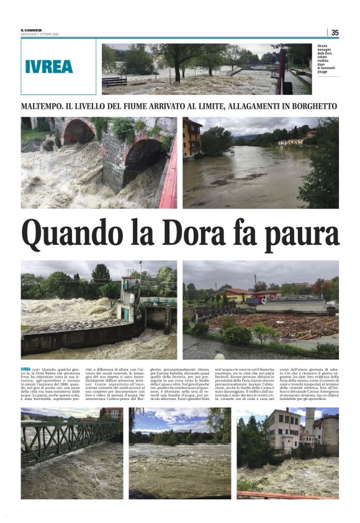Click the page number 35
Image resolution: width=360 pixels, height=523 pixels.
click(335, 32)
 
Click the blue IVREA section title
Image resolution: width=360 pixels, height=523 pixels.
click(50, 66)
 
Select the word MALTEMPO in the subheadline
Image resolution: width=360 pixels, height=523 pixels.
click(44, 106)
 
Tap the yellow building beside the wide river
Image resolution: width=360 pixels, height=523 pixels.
click(192, 138)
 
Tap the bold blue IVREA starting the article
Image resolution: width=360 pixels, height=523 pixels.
click(25, 369)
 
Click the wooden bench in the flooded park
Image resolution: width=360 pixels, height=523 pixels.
click(115, 81)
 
